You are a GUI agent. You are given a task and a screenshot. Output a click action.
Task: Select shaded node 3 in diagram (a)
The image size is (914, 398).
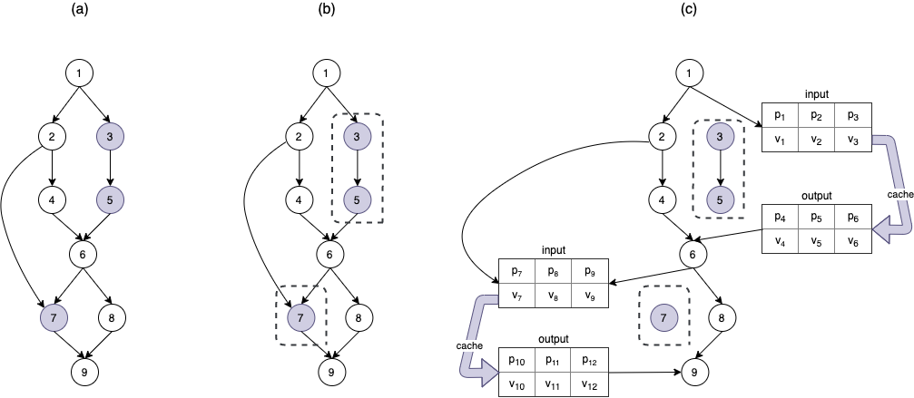110,137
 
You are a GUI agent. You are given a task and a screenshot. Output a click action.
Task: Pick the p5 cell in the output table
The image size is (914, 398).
816,218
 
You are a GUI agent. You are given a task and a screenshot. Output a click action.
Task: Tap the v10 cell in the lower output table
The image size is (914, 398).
517,384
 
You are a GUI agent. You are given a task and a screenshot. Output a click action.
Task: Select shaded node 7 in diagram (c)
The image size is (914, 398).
663,316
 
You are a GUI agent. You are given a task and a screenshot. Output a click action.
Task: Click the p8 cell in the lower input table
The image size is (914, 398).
554,270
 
